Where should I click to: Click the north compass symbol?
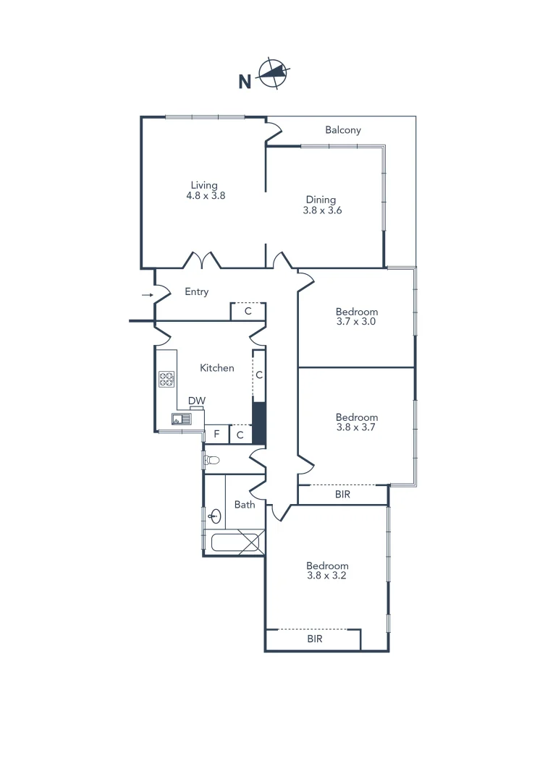(x=274, y=72)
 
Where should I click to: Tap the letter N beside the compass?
(x=245, y=82)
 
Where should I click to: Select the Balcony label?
(x=342, y=130)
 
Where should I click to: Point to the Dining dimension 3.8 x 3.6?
(x=322, y=210)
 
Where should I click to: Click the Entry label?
(x=196, y=291)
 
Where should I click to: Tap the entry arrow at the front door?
(x=147, y=295)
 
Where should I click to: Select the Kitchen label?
(x=217, y=367)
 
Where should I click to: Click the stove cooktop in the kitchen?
(x=166, y=379)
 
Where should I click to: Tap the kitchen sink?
(x=180, y=419)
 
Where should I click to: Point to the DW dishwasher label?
(x=196, y=401)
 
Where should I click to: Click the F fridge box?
(x=216, y=435)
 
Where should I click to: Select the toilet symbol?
(x=212, y=459)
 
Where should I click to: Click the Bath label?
(x=245, y=504)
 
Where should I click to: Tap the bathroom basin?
(x=215, y=516)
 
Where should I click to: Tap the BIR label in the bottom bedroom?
(x=314, y=639)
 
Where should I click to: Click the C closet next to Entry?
(x=248, y=312)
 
